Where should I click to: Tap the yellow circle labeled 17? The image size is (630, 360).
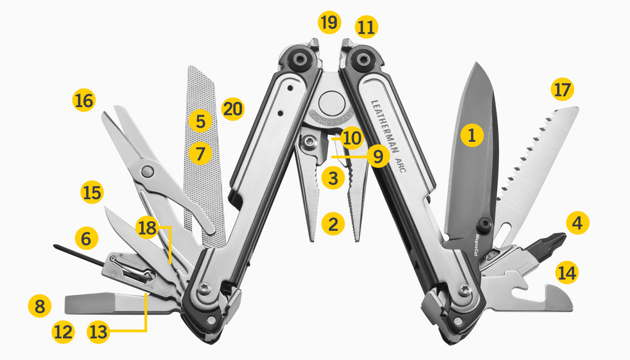(562, 89)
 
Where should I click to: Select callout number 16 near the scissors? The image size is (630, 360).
(84, 100)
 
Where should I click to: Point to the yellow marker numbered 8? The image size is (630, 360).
(40, 306)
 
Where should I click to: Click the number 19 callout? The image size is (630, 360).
(329, 22)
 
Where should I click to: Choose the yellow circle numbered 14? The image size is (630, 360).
(567, 273)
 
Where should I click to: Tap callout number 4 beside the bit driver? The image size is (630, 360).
(577, 223)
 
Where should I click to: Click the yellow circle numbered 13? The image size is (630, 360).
(99, 332)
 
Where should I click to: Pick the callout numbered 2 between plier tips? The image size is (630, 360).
(333, 224)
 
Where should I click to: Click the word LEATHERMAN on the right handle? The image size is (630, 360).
(385, 126)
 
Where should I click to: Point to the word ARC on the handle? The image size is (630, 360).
(400, 166)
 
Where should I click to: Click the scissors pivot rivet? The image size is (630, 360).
(147, 171)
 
